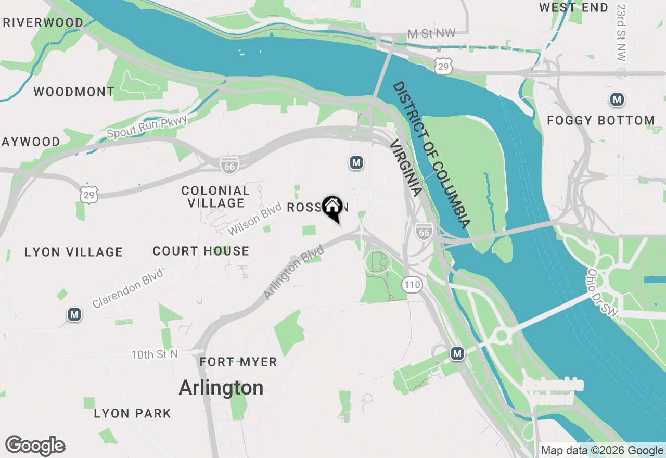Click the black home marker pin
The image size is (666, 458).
tap(332, 207)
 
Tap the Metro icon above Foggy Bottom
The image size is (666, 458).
tap(617, 99)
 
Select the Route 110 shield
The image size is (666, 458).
tap(412, 285)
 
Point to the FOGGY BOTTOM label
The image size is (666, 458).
tap(600, 121)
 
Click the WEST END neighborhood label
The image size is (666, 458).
tap(573, 7)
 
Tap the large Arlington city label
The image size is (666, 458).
tap(221, 388)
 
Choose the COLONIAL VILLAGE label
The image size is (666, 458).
tap(215, 197)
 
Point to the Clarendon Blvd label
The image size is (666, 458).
tap(127, 288)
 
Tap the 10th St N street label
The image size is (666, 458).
tap(154, 354)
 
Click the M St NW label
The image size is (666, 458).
tap(431, 34)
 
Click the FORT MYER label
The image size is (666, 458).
tap(238, 362)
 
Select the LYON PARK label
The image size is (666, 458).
tap(132, 414)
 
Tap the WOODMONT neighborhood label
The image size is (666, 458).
tap(74, 92)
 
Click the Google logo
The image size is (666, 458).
tap(35, 446)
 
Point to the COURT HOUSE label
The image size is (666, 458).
tap(201, 251)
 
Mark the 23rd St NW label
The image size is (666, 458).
tap(621, 33)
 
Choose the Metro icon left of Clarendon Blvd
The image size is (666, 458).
tap(74, 314)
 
